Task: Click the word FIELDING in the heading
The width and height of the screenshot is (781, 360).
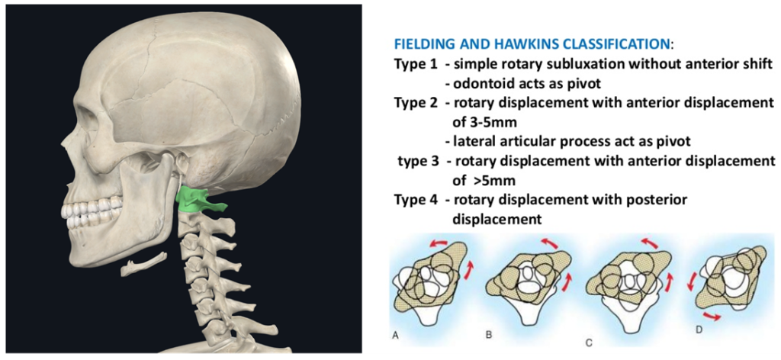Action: [421, 43]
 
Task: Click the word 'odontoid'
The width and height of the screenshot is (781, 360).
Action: [482, 82]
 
